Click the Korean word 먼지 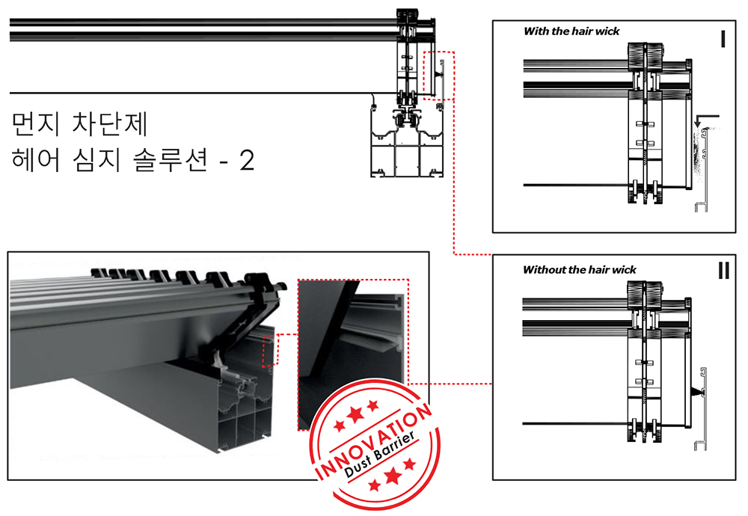pos(35,124)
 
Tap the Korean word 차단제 pos(110,124)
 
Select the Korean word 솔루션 pos(171,160)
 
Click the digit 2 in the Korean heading pos(247,161)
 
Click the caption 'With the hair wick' pos(571,31)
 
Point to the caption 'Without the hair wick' pos(579,270)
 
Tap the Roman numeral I pos(723,39)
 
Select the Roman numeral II pos(723,271)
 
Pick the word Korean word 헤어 pos(36,160)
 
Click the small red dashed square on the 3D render pos(270,351)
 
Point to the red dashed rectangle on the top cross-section pos(438,76)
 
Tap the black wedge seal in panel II pos(696,392)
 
